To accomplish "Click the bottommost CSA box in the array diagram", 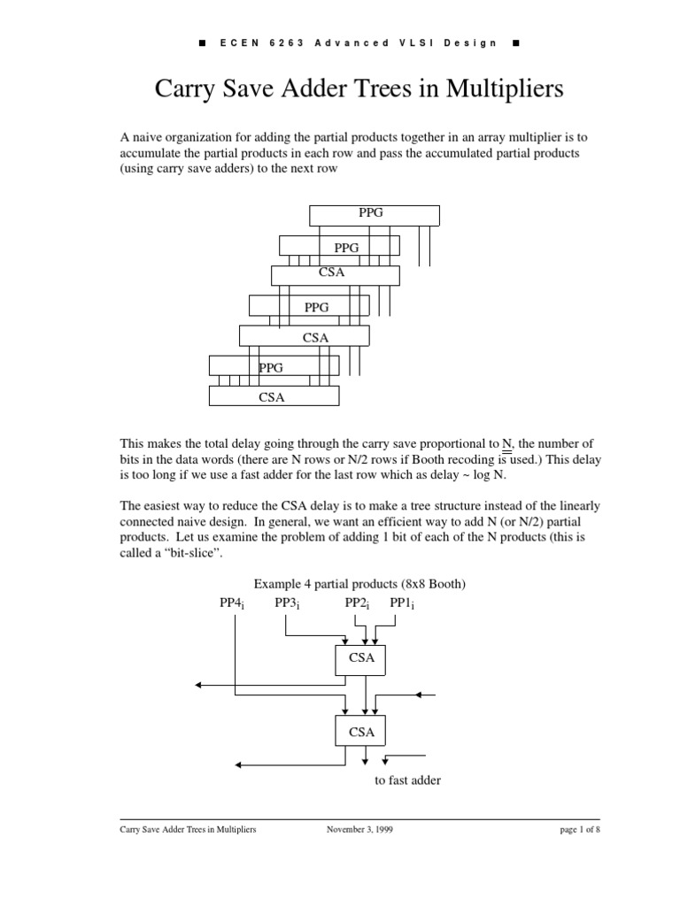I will click(x=274, y=397).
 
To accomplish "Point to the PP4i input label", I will click(x=232, y=603).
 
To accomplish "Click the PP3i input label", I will click(x=287, y=603).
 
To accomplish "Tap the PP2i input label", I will click(x=357, y=603).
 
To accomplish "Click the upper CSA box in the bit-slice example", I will click(x=360, y=658).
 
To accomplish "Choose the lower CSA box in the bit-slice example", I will click(x=360, y=733).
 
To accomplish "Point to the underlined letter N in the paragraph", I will click(x=507, y=443).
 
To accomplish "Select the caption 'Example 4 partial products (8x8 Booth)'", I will click(x=359, y=584).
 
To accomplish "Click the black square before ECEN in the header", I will click(x=203, y=42).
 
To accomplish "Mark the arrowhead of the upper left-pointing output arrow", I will click(x=200, y=685).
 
